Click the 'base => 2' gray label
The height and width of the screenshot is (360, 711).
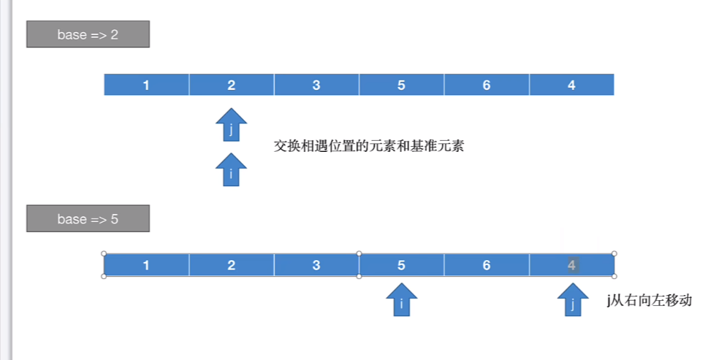pos(88,34)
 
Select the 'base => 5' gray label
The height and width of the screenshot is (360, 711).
pos(88,218)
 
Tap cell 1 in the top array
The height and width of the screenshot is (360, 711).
pos(146,85)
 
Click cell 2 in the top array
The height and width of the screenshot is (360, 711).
pos(232,85)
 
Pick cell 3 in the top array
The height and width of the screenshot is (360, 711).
pos(316,85)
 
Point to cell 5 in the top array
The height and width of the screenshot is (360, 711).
pos(401,85)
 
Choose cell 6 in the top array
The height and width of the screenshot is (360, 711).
pos(487,85)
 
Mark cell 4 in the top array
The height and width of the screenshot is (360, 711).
pos(571,85)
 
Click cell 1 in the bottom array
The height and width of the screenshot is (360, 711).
pos(146,265)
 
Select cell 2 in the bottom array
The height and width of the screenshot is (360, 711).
pos(232,265)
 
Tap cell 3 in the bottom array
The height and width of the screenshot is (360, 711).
pos(316,265)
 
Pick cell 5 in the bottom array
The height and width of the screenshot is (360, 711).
pos(401,265)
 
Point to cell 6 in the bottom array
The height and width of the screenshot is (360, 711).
pos(487,265)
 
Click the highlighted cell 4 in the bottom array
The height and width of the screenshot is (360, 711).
pos(571,265)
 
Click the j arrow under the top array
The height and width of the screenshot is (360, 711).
pos(232,126)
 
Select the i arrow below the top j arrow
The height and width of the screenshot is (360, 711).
pos(232,170)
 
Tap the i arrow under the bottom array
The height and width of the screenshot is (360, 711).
pos(402,301)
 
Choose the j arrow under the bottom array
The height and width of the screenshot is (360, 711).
pos(573,301)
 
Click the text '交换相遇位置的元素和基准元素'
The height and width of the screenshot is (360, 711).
pos(369,146)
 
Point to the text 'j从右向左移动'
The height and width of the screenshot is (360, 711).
pos(649,301)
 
